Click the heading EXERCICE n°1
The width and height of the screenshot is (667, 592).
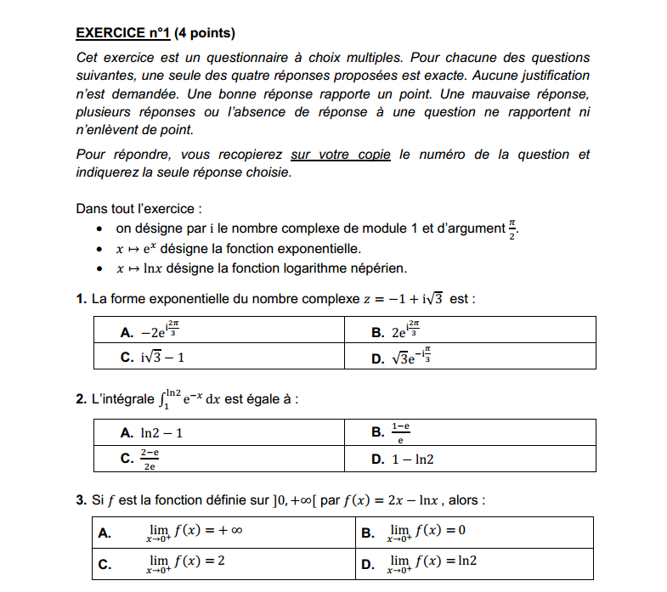point(123,34)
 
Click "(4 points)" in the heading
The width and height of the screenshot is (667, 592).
point(204,34)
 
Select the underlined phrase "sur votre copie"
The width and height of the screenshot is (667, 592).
point(341,155)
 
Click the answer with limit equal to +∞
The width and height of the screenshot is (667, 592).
point(195,533)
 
